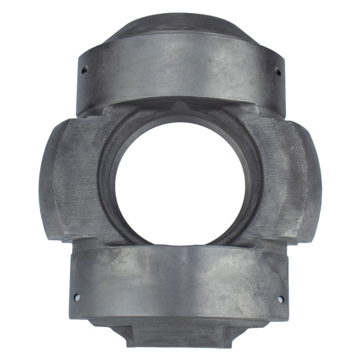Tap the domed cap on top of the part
[181, 26]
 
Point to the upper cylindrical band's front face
[180, 75]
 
